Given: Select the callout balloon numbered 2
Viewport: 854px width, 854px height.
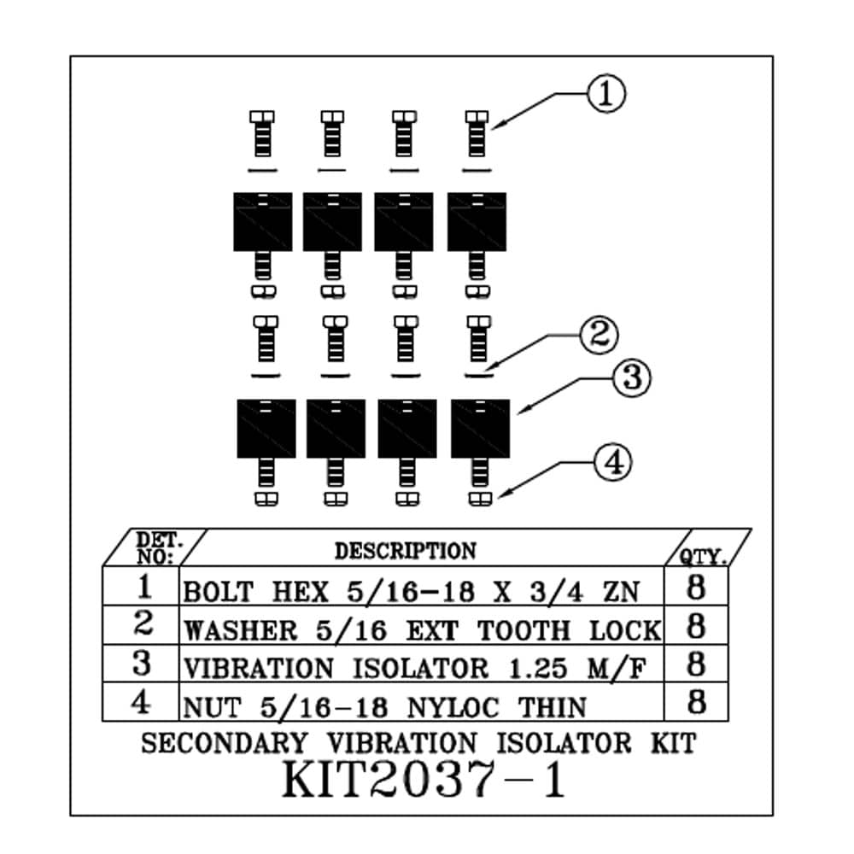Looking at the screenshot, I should pyautogui.click(x=599, y=336).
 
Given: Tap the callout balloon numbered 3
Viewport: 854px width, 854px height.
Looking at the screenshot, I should pyautogui.click(x=631, y=377).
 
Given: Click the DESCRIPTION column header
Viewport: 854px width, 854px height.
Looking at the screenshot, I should pyautogui.click(x=405, y=551).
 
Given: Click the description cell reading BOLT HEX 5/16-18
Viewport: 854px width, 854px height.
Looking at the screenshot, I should pyautogui.click(x=411, y=591).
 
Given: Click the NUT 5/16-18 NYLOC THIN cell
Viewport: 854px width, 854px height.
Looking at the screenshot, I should pyautogui.click(x=385, y=706).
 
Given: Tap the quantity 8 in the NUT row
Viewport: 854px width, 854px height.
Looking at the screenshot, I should pyautogui.click(x=696, y=704).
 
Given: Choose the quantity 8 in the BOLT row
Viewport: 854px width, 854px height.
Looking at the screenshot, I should pyautogui.click(x=696, y=589).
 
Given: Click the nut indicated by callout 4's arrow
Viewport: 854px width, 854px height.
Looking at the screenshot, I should pyautogui.click(x=481, y=497).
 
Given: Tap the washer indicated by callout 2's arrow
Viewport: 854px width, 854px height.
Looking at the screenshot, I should pyautogui.click(x=479, y=374).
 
